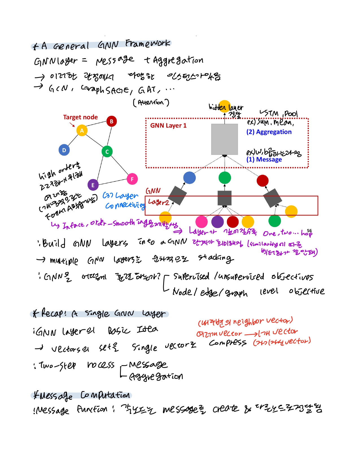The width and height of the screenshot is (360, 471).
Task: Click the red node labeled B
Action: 112,121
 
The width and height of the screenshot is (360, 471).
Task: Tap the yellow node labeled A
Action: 82,131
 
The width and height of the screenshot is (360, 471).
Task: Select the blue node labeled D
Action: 64,150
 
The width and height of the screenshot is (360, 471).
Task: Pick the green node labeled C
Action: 107,152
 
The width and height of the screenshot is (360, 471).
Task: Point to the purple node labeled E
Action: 93,185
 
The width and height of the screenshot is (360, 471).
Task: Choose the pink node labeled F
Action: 132,179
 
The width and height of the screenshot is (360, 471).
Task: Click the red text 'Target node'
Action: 80,117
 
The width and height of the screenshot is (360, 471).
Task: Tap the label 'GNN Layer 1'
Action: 168,126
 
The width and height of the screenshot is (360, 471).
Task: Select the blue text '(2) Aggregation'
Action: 269,132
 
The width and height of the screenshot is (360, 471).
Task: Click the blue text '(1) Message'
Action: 264,160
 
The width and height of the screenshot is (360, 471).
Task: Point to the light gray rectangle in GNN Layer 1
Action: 224,139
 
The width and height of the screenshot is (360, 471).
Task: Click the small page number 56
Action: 309,231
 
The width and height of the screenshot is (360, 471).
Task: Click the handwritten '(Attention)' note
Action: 151,102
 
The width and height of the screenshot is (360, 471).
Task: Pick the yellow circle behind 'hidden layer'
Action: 225,105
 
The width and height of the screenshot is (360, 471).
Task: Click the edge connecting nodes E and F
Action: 112,182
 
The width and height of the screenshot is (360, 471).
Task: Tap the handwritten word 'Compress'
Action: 228,343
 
